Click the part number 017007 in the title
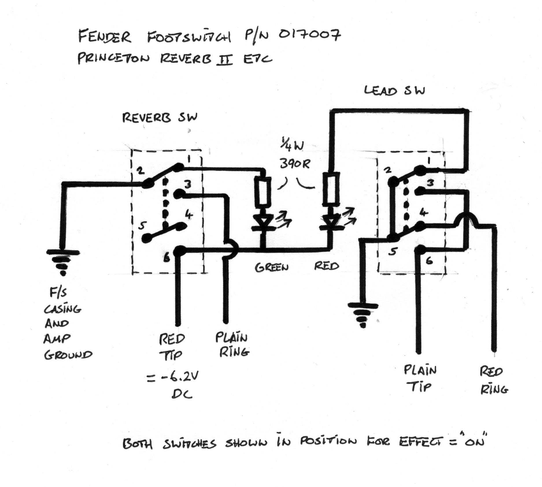pos(309,35)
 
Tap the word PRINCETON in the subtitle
pos(113,58)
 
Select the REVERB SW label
pos(160,118)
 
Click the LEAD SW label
pos(394,91)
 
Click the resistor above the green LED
pos(263,191)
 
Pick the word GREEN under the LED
pos(271,267)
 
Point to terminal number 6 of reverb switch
pos(167,258)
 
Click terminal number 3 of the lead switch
pos(430,183)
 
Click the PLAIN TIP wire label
pos(420,378)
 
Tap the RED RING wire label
pos(493,380)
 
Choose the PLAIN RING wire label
pos(232,345)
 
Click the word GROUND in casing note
pos(68,355)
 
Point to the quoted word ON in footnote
pos(475,442)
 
